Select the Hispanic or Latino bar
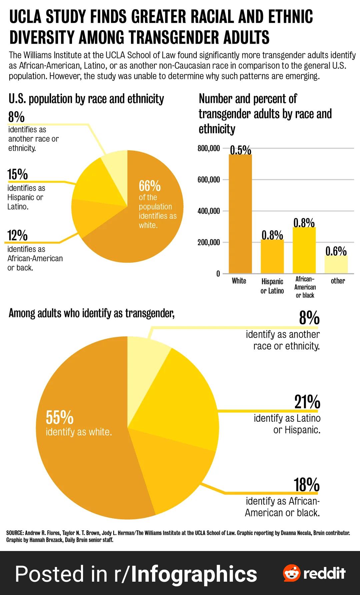click(272, 256)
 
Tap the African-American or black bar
click(304, 250)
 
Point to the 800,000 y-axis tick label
click(209, 148)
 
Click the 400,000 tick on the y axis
click(209, 211)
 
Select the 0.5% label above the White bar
click(240, 150)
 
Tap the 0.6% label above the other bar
click(336, 251)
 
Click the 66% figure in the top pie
click(150, 186)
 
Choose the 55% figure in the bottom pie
click(60, 417)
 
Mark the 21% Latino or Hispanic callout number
click(307, 402)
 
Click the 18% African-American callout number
click(306, 485)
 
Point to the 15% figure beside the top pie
click(18, 174)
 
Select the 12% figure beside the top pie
click(18, 235)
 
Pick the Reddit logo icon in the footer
click(291, 573)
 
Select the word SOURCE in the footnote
click(15, 533)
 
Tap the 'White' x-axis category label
click(239, 281)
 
